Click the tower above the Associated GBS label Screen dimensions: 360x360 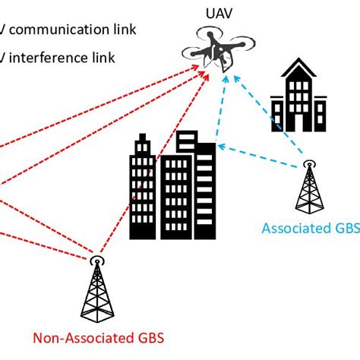coord(308,190)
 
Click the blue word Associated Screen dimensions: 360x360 coord(290,229)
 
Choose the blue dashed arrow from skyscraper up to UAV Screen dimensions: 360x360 coord(221,106)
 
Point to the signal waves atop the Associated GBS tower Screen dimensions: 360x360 coord(308,163)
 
